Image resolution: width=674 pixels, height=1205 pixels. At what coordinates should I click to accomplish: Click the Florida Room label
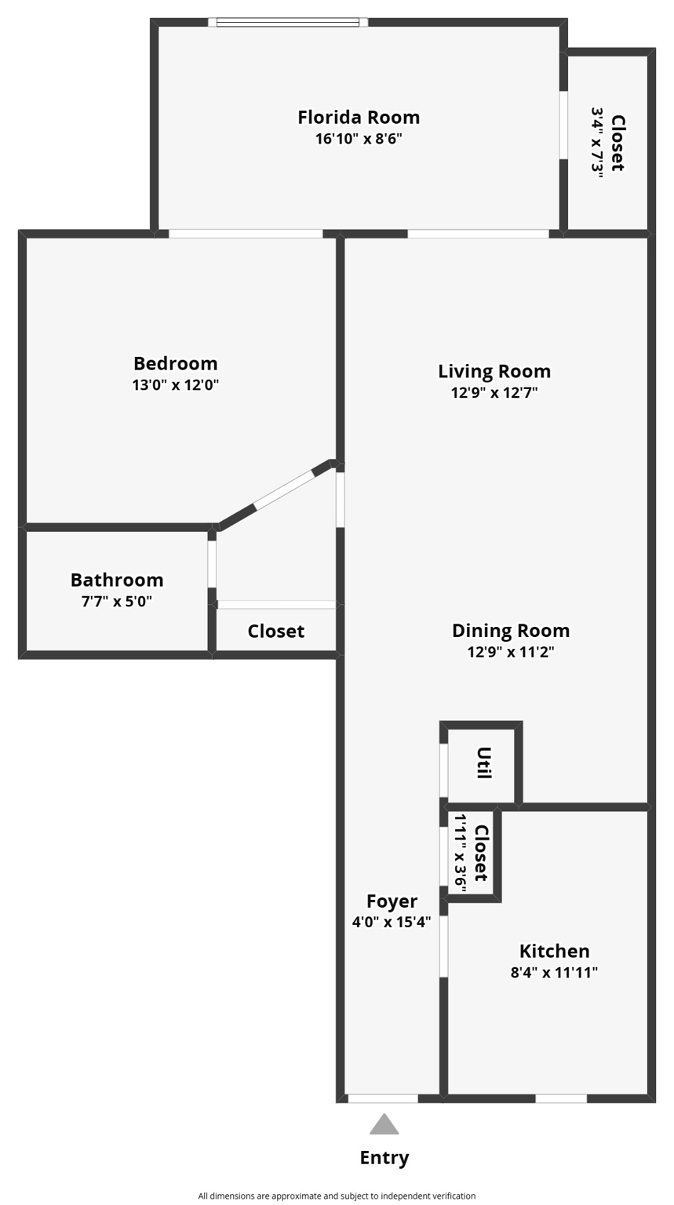(x=359, y=118)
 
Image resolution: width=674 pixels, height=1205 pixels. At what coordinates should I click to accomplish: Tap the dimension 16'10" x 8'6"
(x=359, y=140)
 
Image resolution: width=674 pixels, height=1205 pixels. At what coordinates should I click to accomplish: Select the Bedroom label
(x=175, y=363)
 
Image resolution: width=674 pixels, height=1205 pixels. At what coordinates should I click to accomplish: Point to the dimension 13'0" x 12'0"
(x=175, y=385)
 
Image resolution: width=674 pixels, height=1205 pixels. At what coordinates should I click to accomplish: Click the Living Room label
(x=494, y=371)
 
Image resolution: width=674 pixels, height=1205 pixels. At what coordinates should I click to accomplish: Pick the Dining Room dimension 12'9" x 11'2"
(x=511, y=652)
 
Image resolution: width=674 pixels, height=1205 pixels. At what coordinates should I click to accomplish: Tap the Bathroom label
(x=117, y=580)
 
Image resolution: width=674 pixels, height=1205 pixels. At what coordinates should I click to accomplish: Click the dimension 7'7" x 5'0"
(x=117, y=602)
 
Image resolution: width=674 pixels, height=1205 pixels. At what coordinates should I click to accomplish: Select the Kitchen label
(x=554, y=951)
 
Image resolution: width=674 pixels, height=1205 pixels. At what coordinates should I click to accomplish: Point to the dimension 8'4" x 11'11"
(x=554, y=973)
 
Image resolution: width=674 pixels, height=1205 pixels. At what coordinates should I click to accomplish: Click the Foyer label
(x=392, y=901)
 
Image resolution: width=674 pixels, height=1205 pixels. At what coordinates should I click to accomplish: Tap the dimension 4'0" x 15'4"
(x=392, y=923)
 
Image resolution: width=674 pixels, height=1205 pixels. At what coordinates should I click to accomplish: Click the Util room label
(x=483, y=763)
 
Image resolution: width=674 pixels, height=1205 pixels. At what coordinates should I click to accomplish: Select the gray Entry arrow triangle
(x=384, y=1126)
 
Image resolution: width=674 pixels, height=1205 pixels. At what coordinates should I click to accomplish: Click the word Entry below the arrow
(x=384, y=1158)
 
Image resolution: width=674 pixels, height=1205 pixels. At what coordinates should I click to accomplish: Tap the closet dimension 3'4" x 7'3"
(x=598, y=143)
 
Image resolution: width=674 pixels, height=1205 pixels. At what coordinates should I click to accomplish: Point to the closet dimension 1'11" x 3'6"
(x=461, y=854)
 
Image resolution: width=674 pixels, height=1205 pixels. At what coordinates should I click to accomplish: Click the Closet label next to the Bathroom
(x=275, y=632)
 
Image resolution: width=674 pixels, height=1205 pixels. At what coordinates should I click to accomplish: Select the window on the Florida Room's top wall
(x=288, y=22)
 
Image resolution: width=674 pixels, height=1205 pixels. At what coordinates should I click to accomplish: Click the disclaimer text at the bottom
(x=337, y=1196)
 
